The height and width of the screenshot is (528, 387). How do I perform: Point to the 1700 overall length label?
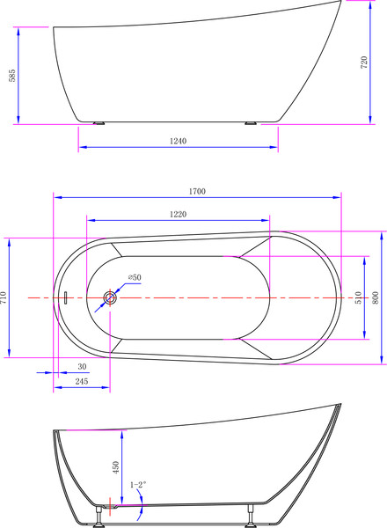point(196,191)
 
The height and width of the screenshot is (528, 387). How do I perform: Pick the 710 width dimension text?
point(4,298)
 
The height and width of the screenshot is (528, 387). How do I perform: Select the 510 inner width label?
point(358,297)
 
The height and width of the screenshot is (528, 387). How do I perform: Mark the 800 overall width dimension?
point(377,297)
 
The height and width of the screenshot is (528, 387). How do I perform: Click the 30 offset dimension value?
point(82,366)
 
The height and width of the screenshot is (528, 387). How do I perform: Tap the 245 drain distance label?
point(81,381)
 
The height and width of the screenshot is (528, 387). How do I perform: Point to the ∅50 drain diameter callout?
point(134,278)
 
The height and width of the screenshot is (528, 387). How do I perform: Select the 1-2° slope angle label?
point(138,484)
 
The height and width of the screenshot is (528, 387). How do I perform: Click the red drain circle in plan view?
point(111,298)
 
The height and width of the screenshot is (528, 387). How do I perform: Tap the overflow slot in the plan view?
point(64,298)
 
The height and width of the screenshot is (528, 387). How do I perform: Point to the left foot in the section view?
point(100,517)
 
